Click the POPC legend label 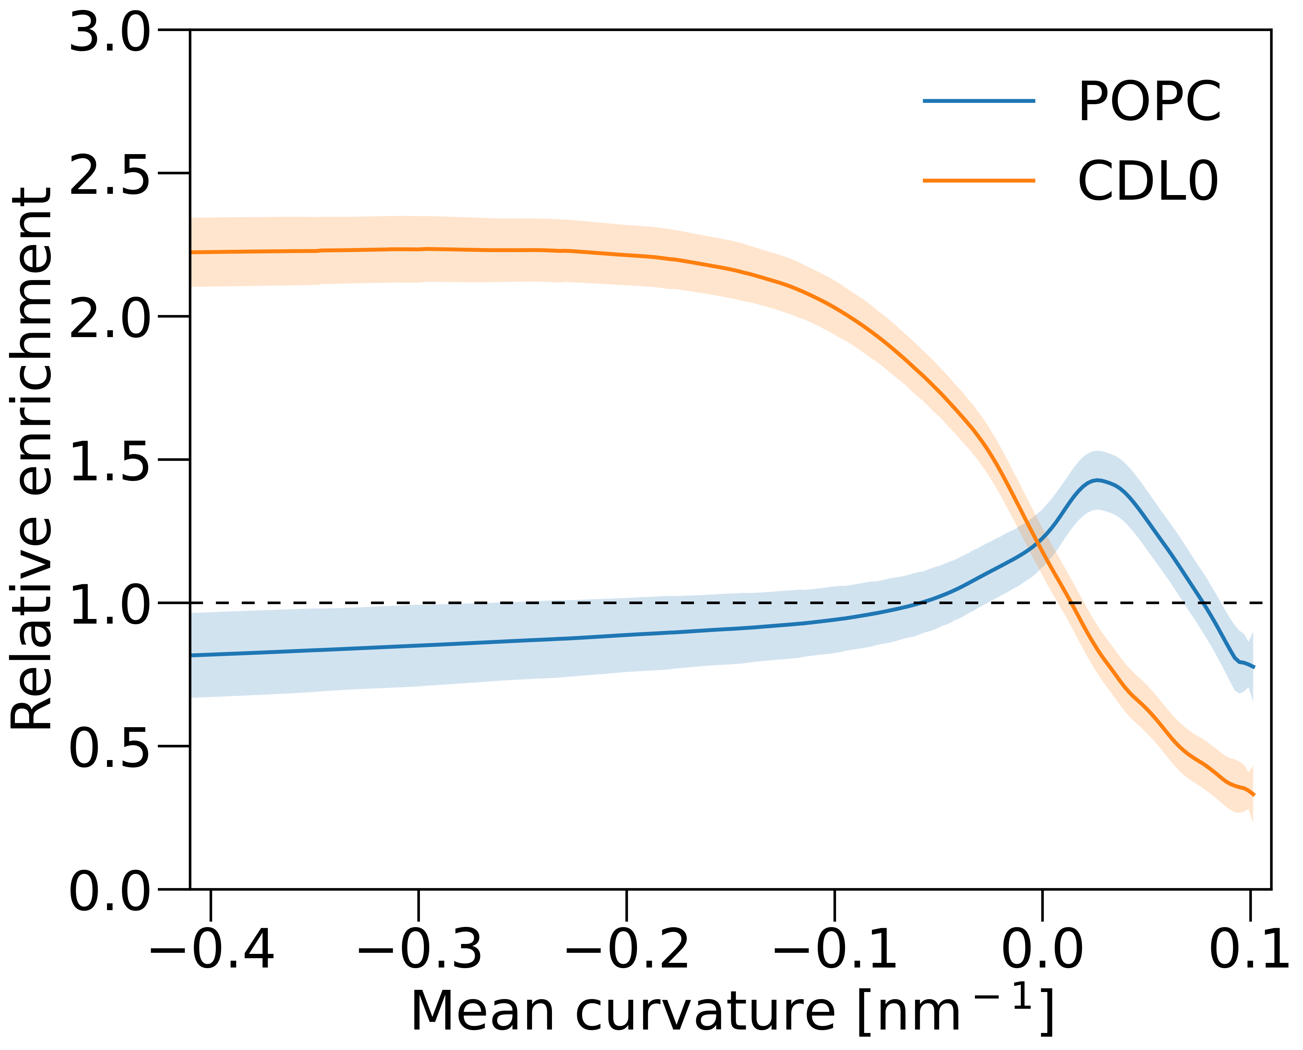pos(1149,102)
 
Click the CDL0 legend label pos(1148,181)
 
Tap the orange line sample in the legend pos(979,180)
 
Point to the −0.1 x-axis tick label pos(835,948)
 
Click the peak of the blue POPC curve pos(1097,480)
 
